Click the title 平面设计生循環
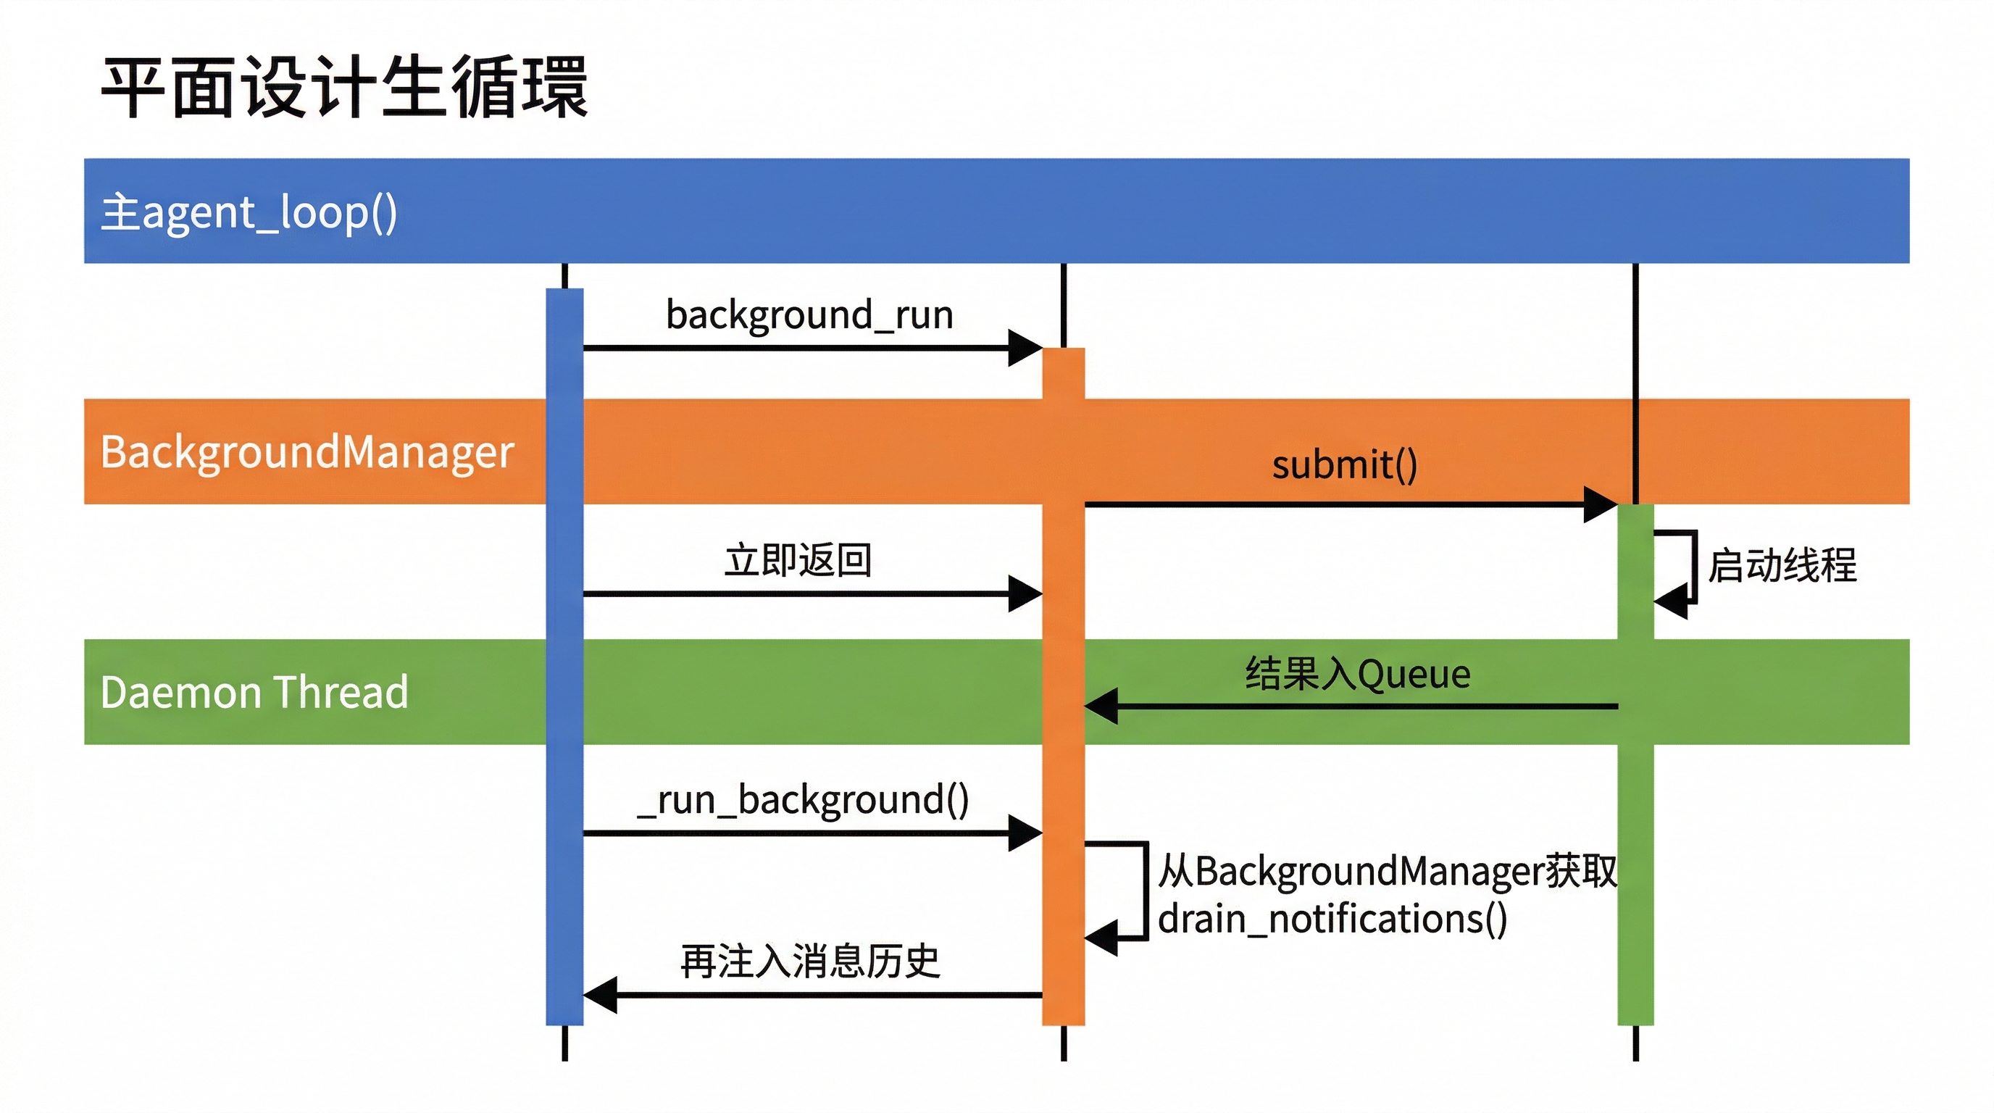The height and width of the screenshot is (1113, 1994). [344, 87]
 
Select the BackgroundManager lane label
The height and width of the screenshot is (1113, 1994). [306, 452]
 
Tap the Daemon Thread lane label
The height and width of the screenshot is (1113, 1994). [254, 692]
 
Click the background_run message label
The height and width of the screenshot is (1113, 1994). [809, 315]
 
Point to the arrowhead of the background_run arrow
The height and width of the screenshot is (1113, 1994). [1026, 349]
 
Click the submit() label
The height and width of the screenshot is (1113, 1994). [1345, 464]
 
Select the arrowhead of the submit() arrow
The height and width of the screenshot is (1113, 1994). [1601, 504]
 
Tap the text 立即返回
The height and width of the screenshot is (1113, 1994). [798, 559]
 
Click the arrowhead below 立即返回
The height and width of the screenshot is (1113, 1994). [1026, 594]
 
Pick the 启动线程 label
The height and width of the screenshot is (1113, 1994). [1782, 565]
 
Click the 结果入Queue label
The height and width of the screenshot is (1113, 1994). [1358, 673]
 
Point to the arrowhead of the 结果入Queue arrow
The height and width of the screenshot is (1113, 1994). [1101, 706]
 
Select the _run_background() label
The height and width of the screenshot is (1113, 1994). [803, 800]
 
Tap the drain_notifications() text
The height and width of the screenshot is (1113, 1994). [1332, 919]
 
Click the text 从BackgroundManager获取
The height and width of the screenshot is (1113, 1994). [1387, 871]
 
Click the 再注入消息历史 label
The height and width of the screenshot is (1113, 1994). [809, 962]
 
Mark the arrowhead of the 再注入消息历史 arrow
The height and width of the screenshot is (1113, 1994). [600, 995]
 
